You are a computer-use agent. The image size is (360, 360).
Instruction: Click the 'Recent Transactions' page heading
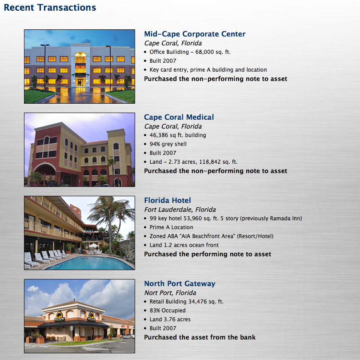point(50,8)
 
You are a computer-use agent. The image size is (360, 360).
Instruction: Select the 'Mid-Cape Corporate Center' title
point(195,34)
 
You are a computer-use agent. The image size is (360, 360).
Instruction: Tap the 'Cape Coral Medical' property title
point(179,117)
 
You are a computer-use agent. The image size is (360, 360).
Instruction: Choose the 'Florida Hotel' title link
point(168,200)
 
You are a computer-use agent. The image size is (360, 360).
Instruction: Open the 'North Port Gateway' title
point(180,283)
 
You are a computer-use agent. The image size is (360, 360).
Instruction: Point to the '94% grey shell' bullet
point(168,144)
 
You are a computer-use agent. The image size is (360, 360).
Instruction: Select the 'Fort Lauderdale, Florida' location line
point(180,210)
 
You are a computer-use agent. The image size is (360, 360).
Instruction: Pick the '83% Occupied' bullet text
point(168,311)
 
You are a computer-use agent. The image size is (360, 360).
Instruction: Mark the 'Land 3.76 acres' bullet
point(170,320)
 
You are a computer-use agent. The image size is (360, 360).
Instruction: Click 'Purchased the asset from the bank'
point(200,337)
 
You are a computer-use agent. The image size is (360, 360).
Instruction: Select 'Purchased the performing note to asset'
point(208,254)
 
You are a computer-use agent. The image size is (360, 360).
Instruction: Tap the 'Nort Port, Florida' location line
point(170,293)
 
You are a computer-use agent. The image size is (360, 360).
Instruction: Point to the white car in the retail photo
point(128,336)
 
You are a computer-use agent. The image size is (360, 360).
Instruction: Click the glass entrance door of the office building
point(80,82)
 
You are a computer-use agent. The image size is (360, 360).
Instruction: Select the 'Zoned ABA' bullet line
point(212,236)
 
